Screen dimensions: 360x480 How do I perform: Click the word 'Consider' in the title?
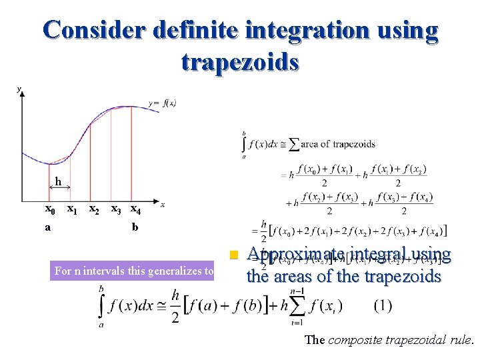(93, 31)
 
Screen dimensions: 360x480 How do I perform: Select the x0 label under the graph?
(49, 209)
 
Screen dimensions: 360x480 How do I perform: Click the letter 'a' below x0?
(48, 227)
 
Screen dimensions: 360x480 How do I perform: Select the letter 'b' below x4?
(135, 227)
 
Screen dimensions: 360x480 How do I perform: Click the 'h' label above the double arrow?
(58, 181)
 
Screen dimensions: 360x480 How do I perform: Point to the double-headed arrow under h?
(59, 189)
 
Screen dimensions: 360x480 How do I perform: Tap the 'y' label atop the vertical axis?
(19, 89)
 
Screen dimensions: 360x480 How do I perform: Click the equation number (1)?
(383, 306)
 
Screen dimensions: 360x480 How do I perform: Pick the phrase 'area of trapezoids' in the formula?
(339, 144)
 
